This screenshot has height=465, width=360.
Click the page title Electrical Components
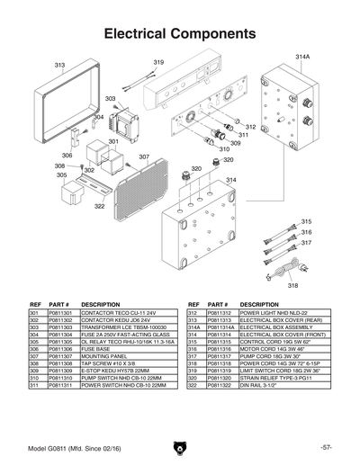click(x=180, y=34)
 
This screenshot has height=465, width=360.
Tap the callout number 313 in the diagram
click(x=59, y=66)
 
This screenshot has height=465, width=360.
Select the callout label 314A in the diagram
click(x=302, y=57)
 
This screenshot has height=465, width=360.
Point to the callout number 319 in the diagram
click(x=158, y=62)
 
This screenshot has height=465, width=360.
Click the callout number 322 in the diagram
click(x=99, y=206)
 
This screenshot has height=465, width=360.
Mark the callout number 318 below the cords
click(x=292, y=285)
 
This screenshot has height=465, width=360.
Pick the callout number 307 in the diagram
click(x=143, y=156)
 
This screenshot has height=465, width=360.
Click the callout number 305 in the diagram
click(x=61, y=175)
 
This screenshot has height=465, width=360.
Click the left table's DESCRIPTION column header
click(x=100, y=305)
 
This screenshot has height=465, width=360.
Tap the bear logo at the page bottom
click(x=180, y=447)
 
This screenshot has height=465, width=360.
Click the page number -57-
click(x=326, y=447)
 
